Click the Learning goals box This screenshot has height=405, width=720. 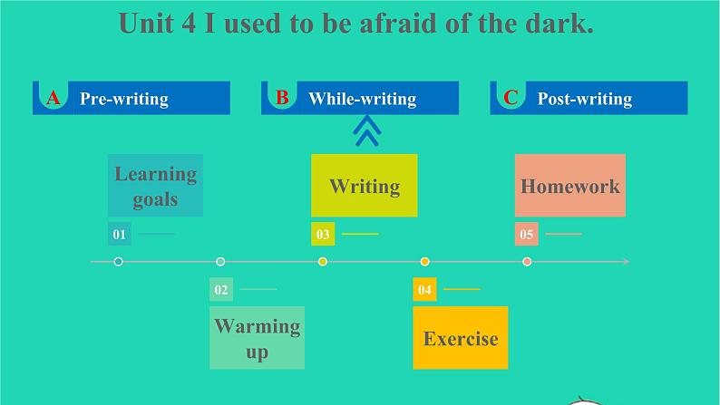tap(155, 186)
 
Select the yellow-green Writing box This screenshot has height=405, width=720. tap(364, 186)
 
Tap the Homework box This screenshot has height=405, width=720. tap(569, 186)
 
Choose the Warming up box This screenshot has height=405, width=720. tap(257, 338)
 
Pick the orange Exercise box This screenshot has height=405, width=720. tap(460, 338)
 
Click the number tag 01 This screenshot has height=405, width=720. tap(119, 235)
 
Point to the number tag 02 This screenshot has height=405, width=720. tap(220, 290)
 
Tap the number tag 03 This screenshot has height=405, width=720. tap(323, 235)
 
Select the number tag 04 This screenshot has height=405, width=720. tap(424, 290)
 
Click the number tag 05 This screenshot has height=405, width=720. tap(527, 235)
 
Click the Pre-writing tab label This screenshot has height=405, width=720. tap(124, 99)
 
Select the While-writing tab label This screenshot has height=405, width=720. tap(362, 99)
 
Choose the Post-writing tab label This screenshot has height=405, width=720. tap(584, 99)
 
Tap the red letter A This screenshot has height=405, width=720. tap(53, 98)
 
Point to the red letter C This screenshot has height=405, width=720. tap(511, 98)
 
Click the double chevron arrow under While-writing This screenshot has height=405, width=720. tap(366, 133)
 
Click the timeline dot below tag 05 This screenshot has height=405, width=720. tap(527, 262)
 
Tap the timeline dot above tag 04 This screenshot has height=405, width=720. tap(424, 262)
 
